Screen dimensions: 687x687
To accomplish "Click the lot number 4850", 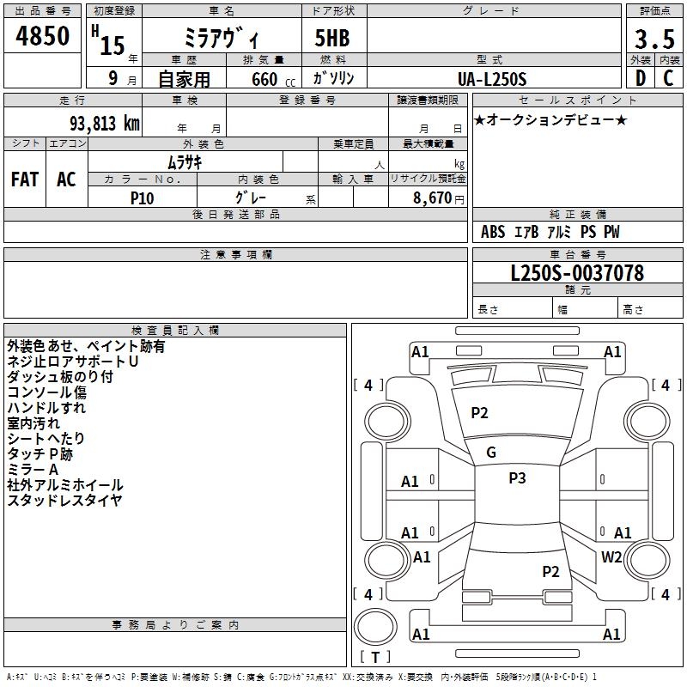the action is (43, 37).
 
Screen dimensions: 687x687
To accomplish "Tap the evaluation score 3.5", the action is (654, 40).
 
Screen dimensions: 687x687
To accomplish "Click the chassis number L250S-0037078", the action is (577, 274).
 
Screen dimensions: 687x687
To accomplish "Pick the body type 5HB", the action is (332, 39).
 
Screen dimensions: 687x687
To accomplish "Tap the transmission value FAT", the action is (25, 179).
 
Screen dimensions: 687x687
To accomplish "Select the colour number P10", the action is (142, 198).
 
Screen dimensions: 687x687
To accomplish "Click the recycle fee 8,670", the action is (433, 198).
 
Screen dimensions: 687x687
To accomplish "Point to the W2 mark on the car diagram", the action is (611, 556).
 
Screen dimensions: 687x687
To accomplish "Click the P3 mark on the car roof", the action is (517, 478).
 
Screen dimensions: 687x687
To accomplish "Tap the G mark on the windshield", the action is (491, 452).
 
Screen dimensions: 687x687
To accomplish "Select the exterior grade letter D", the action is (640, 78).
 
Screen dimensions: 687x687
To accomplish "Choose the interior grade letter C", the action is (668, 78).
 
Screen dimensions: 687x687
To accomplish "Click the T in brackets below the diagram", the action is (375, 657).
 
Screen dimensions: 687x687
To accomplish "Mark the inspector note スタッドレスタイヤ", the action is (64, 501).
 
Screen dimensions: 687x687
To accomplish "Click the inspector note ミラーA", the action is (33, 470).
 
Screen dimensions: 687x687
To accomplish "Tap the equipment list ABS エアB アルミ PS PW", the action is (550, 232).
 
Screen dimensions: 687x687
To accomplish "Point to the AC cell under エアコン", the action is (66, 179).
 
